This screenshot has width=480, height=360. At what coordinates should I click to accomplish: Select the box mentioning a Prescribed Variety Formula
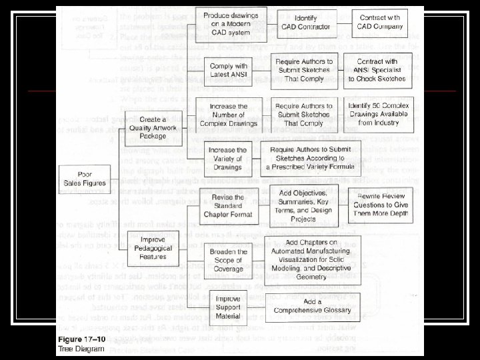click(x=315, y=157)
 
